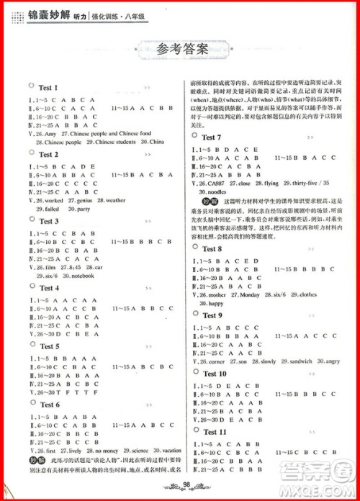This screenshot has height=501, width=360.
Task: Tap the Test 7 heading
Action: click(212, 137)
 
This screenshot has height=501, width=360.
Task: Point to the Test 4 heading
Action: click(49, 288)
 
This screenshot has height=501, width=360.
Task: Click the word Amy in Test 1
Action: click(50, 133)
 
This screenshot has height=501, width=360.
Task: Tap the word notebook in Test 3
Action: click(78, 275)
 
